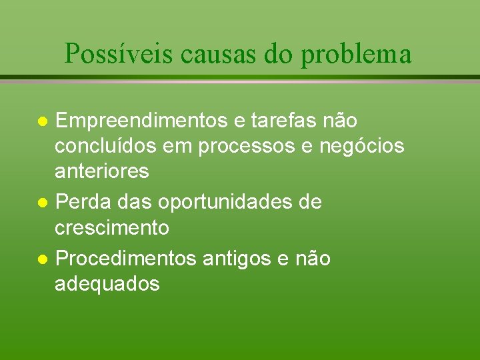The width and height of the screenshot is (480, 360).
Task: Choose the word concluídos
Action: pyautogui.click(x=105, y=146)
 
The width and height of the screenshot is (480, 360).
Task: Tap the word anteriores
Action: pyautogui.click(x=102, y=171)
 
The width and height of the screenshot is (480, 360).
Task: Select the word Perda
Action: pyautogui.click(x=81, y=202)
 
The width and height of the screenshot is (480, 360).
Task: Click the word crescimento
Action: pyautogui.click(x=112, y=227)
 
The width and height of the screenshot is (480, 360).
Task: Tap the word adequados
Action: pyautogui.click(x=107, y=283)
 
